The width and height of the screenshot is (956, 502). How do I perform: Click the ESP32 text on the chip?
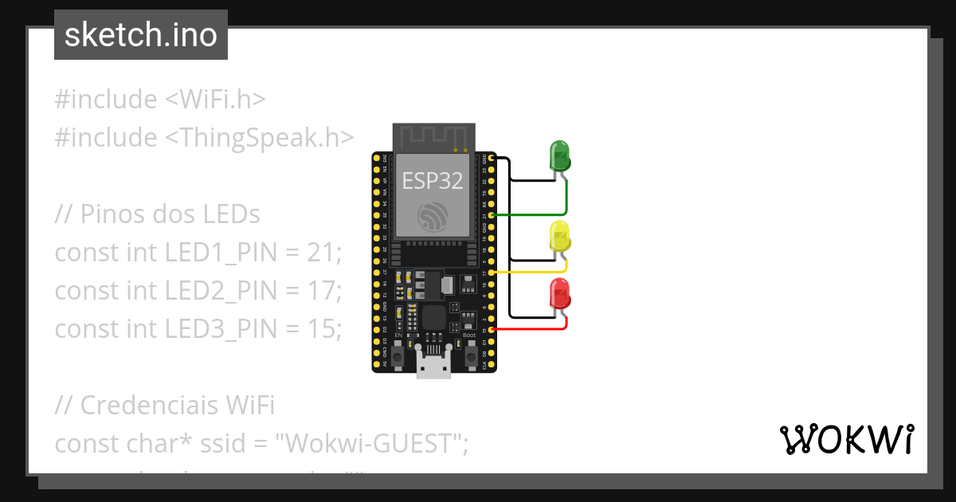pos(433,181)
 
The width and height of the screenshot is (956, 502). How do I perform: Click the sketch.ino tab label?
pos(141,35)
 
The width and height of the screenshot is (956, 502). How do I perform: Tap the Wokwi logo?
pos(846,439)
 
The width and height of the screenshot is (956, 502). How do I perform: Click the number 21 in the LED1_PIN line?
pos(323,253)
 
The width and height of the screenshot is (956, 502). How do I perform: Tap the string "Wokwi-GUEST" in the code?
pos(370,443)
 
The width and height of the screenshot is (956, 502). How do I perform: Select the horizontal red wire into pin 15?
pos(530,329)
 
